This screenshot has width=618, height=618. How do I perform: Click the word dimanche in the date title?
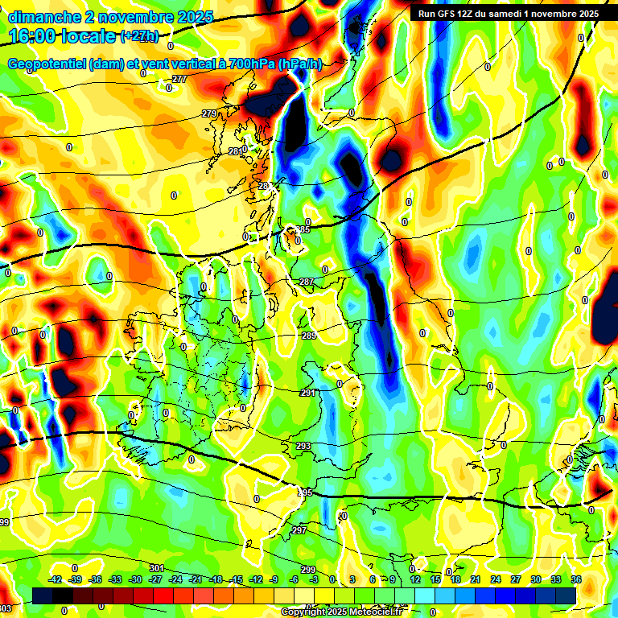click(43, 17)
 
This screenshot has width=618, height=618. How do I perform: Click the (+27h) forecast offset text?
click(139, 36)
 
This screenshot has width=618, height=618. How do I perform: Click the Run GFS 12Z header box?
click(508, 14)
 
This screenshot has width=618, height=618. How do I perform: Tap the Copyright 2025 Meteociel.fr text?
click(341, 612)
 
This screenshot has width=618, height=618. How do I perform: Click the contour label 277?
click(179, 79)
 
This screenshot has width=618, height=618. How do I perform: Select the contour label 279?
click(209, 113)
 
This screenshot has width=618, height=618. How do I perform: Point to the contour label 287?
click(307, 282)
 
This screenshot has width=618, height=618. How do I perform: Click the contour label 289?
click(309, 336)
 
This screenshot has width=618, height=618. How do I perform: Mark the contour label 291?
click(307, 393)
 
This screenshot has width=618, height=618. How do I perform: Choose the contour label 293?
click(303, 446)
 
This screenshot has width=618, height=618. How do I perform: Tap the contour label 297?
click(299, 530)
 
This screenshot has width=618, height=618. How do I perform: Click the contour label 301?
click(156, 568)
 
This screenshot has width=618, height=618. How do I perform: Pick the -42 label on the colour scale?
click(56, 579)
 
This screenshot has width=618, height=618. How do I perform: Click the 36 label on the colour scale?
click(576, 579)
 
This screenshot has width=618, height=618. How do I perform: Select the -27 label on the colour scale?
click(155, 579)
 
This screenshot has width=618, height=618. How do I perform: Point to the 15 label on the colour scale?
click(435, 579)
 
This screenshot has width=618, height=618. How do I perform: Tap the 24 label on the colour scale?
click(496, 579)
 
